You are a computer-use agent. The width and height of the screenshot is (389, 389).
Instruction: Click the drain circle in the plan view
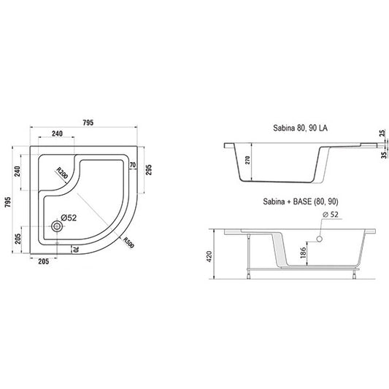pos(57,226)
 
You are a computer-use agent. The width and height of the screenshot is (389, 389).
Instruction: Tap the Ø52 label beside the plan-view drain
pos(69,218)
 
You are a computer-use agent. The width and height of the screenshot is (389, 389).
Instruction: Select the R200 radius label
pos(62,173)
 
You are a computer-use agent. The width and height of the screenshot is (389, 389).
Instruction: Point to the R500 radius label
pos(128,242)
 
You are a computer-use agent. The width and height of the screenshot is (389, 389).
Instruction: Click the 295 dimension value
pos(148,170)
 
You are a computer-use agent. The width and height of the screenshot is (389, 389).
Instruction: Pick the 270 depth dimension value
pos(247,161)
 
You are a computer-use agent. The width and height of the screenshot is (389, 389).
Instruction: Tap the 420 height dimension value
pos(209,256)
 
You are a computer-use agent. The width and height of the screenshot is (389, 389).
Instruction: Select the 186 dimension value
pos(303,253)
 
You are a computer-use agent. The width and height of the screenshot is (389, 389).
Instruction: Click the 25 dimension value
pos(383,133)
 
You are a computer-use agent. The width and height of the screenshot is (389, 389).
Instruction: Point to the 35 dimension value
pos(384,155)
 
